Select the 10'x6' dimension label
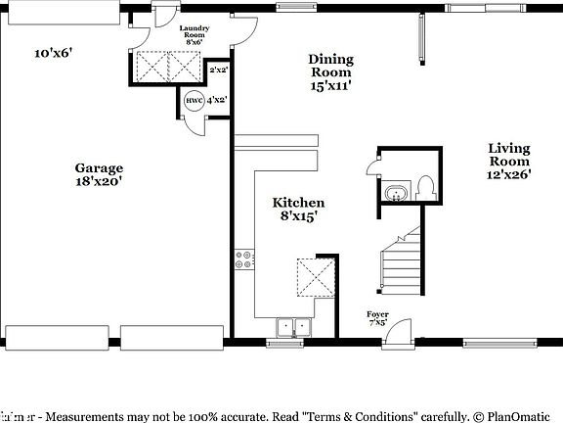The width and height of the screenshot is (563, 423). pyautogui.click(x=55, y=54)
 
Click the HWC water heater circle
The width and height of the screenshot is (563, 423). pyautogui.click(x=192, y=100)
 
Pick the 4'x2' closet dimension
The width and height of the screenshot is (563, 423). pyautogui.click(x=216, y=100)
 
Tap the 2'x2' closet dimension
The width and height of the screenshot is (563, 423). pyautogui.click(x=218, y=70)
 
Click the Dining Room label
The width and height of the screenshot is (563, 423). pyautogui.click(x=330, y=65)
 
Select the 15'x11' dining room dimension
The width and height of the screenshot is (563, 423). pyautogui.click(x=330, y=85)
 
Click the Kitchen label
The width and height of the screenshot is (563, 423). pyautogui.click(x=298, y=203)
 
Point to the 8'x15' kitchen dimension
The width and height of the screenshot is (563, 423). pyautogui.click(x=298, y=216)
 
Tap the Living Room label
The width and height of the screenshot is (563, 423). pyautogui.click(x=509, y=155)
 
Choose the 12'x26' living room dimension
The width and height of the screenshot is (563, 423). pyautogui.click(x=509, y=175)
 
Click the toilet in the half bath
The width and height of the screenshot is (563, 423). pyautogui.click(x=423, y=188)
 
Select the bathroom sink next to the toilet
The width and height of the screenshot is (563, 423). pyautogui.click(x=396, y=192)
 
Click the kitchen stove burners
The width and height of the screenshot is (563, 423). pyautogui.click(x=243, y=260)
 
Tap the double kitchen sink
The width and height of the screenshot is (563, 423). pyautogui.click(x=291, y=327)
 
